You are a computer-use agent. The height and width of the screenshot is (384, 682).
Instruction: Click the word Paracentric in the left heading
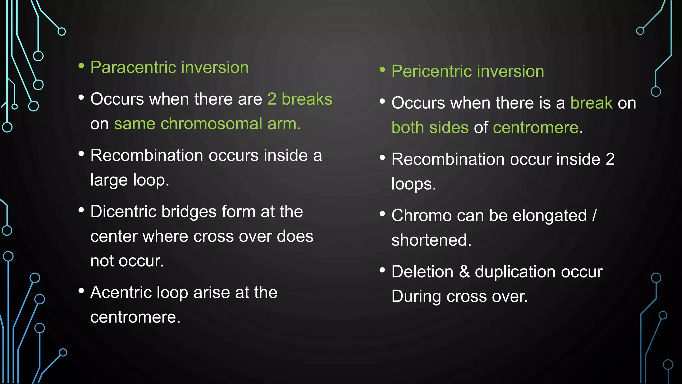coord(133,67)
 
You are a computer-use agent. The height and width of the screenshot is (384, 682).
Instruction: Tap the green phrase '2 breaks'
coord(300,99)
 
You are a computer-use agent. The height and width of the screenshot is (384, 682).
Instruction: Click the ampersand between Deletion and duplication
coord(464,272)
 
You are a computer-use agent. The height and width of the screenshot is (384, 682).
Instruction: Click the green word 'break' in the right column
coord(591,103)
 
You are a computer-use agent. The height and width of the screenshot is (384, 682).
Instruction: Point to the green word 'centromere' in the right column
coord(536,128)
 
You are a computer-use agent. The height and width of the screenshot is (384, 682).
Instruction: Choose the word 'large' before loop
coord(109,180)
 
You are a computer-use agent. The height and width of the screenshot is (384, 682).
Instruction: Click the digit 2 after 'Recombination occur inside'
coord(610,159)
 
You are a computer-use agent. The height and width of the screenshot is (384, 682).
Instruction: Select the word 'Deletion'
coord(422,272)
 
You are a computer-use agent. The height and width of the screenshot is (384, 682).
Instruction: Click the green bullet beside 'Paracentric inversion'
coord(81,66)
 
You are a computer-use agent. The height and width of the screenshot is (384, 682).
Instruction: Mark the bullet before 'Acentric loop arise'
coord(81,291)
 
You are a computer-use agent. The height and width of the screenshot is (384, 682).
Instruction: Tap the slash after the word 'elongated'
coord(594,215)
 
